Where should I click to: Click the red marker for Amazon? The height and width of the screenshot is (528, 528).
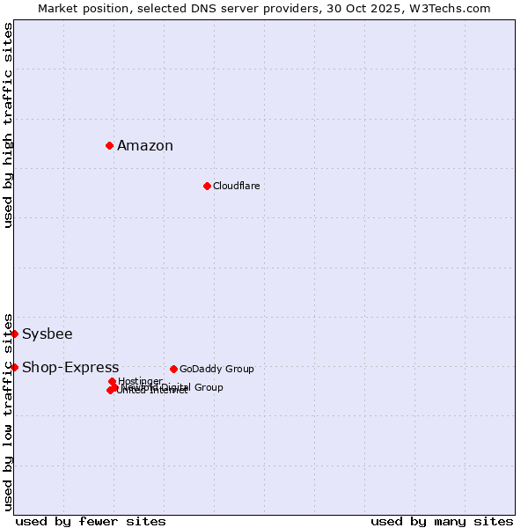click(x=109, y=145)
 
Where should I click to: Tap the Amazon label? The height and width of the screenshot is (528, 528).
click(x=145, y=146)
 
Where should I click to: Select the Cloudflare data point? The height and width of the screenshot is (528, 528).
click(x=207, y=186)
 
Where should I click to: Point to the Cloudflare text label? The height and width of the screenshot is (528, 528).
click(x=236, y=186)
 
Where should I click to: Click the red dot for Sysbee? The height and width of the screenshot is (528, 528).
click(x=15, y=334)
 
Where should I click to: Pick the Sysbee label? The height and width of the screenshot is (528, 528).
click(x=48, y=334)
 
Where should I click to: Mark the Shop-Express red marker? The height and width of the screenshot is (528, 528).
click(x=15, y=367)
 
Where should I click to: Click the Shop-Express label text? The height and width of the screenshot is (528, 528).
click(x=70, y=368)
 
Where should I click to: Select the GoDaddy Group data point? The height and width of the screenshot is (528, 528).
click(x=173, y=369)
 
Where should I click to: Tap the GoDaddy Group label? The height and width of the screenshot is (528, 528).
click(x=216, y=369)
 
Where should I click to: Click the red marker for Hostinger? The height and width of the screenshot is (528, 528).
click(x=112, y=381)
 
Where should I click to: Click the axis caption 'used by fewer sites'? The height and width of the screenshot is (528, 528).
click(x=91, y=521)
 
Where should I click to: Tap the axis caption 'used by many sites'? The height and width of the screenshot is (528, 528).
click(x=442, y=521)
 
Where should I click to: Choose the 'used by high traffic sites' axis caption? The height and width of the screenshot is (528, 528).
click(x=8, y=125)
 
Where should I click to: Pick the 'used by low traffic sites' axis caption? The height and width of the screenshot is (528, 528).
click(x=8, y=411)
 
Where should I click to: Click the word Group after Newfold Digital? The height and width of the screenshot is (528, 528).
click(x=209, y=387)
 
